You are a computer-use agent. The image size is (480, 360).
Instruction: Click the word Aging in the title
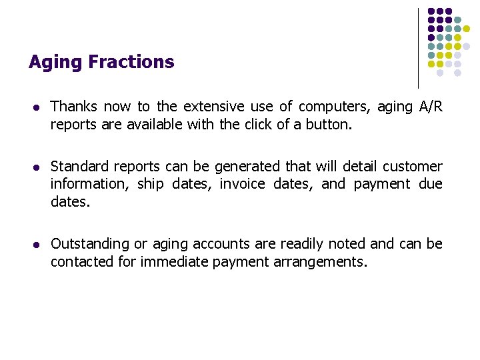point(56,63)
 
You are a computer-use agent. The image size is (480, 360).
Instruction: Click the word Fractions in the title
point(131,62)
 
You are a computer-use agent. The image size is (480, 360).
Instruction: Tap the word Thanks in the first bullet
point(74,107)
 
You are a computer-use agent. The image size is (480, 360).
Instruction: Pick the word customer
point(413,166)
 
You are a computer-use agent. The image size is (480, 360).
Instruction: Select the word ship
point(151,184)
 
